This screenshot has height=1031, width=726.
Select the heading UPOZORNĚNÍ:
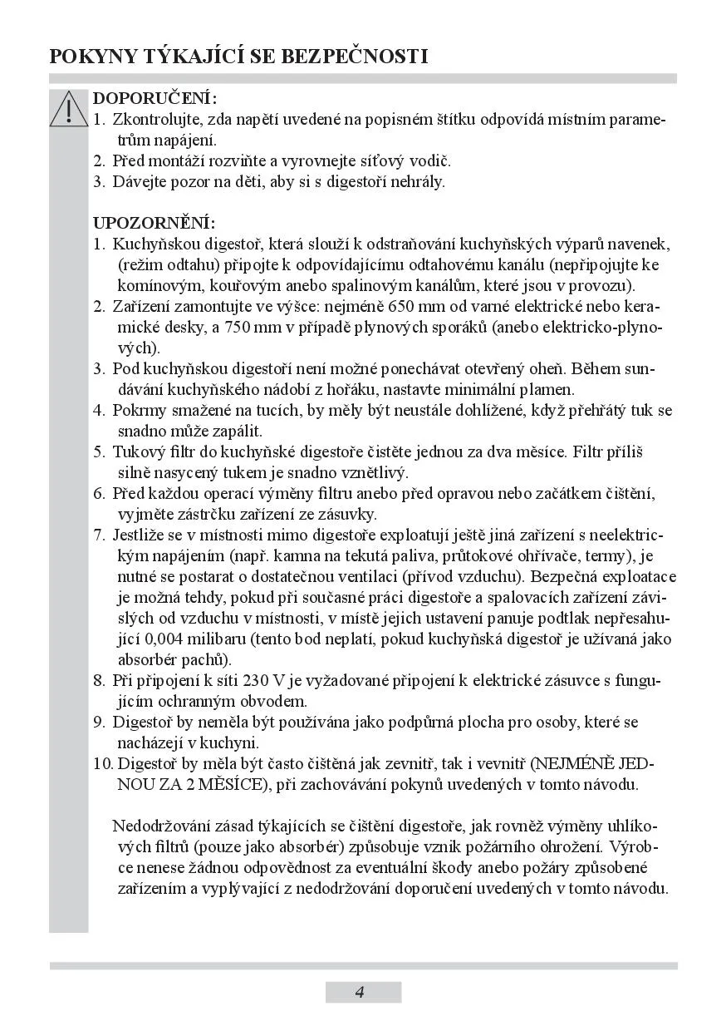(x=154, y=224)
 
